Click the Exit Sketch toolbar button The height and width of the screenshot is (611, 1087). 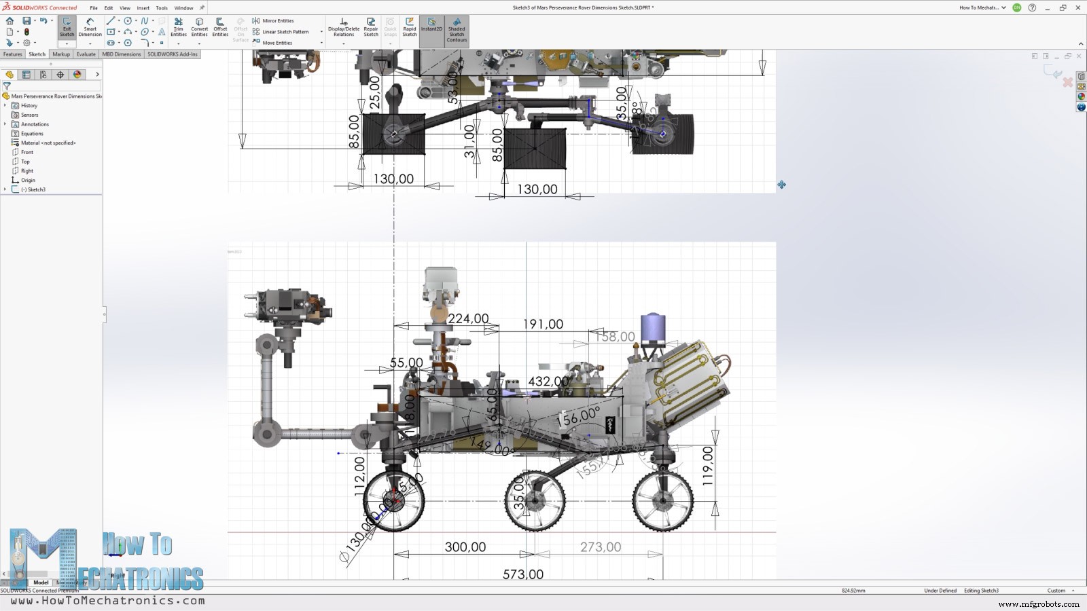(67, 28)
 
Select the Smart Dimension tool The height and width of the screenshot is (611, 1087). (90, 28)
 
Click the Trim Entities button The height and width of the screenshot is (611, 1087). (179, 28)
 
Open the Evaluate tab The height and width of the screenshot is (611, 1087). (86, 54)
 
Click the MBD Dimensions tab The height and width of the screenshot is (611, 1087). (122, 54)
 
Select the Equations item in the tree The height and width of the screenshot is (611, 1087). (32, 134)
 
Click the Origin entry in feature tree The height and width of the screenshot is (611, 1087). (28, 180)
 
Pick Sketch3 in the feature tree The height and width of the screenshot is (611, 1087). (36, 189)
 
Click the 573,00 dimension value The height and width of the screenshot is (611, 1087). (522, 574)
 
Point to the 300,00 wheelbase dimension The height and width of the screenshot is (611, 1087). (465, 547)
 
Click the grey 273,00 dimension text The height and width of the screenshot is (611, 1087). (600, 547)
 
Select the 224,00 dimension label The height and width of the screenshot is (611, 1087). (468, 318)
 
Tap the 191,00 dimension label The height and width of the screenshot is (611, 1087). (543, 325)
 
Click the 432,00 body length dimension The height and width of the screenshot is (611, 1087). (548, 382)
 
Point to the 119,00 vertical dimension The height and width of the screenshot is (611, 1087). (707, 465)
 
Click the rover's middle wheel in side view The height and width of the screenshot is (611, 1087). (535, 501)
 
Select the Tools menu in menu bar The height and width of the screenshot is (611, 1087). (162, 8)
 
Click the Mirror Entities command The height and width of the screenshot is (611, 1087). (277, 21)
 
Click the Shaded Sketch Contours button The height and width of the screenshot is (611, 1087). (457, 31)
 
